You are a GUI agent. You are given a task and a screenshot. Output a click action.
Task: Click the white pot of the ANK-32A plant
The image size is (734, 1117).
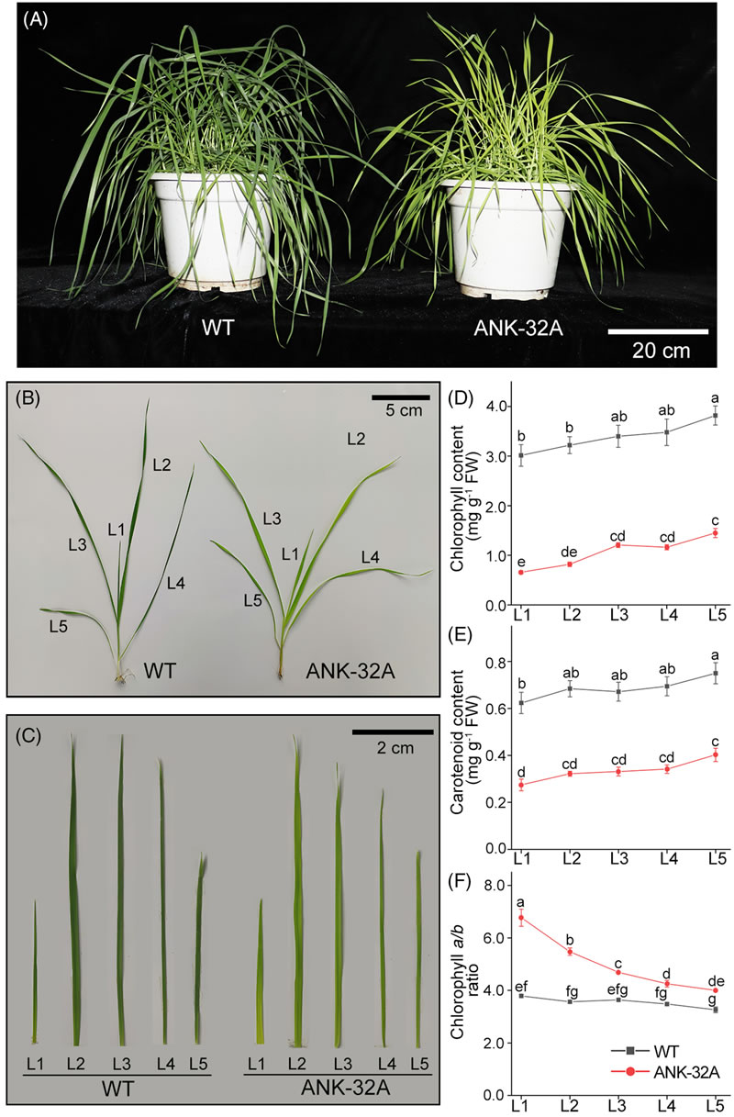(x=495, y=239)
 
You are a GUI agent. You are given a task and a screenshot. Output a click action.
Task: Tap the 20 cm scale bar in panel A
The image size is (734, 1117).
(x=659, y=330)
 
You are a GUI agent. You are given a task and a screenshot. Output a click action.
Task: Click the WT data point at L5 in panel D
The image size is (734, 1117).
(x=715, y=416)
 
